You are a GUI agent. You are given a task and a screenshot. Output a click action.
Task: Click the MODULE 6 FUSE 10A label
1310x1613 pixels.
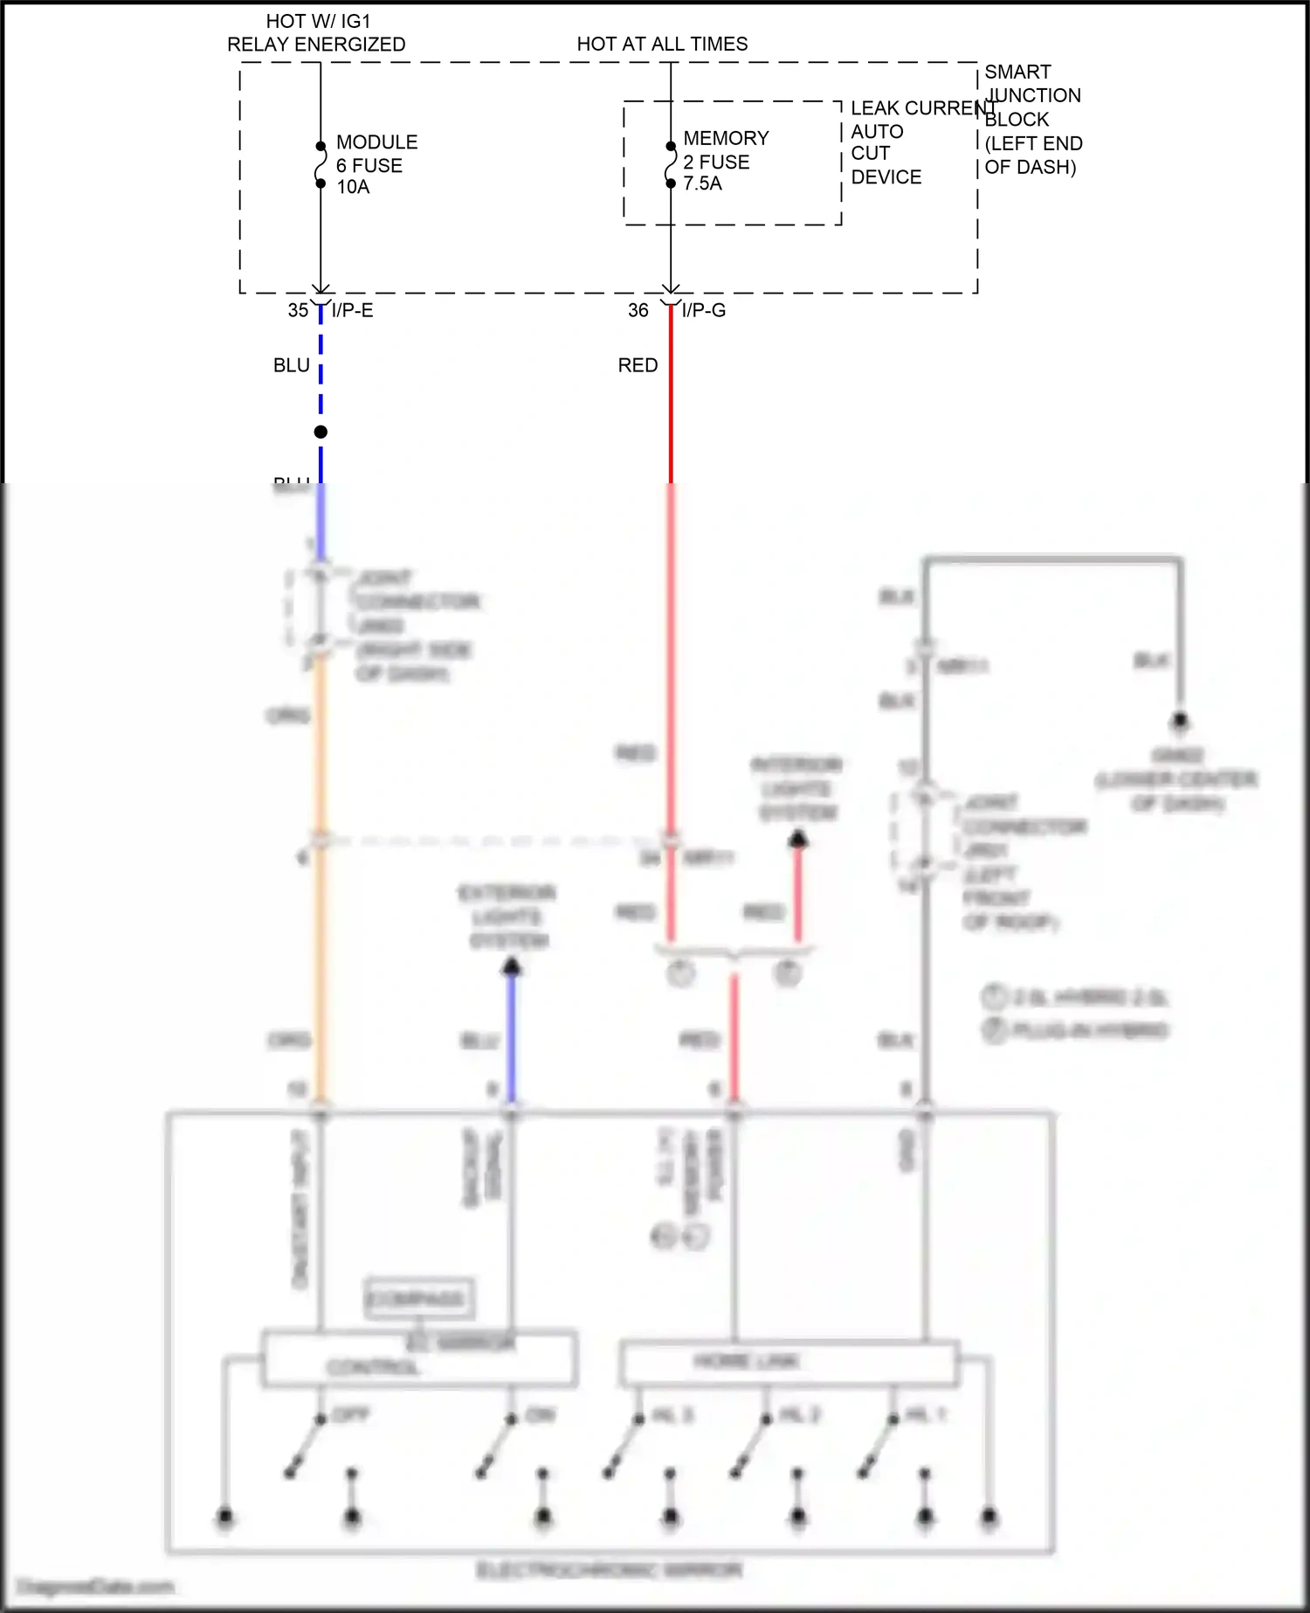(x=376, y=164)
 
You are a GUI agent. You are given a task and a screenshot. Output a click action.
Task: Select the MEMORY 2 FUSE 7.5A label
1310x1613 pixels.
(x=725, y=161)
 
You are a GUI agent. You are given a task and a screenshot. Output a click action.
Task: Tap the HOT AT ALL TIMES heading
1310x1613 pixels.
(x=662, y=44)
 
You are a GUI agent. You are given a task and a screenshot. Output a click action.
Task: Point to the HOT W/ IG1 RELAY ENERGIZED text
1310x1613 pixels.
(x=316, y=33)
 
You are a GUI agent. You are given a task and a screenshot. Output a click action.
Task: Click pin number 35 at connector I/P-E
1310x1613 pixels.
(x=298, y=310)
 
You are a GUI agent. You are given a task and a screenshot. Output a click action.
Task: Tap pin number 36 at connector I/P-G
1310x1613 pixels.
(x=638, y=310)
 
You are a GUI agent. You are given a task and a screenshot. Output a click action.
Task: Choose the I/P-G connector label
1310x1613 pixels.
(x=703, y=310)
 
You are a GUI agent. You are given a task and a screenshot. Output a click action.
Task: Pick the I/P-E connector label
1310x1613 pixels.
(x=352, y=310)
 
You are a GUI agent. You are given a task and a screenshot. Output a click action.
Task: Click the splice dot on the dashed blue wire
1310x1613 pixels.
(x=321, y=432)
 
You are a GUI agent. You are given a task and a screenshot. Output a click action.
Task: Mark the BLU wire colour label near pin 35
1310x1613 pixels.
(x=291, y=365)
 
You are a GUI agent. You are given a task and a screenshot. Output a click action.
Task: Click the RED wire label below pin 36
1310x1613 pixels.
(x=638, y=365)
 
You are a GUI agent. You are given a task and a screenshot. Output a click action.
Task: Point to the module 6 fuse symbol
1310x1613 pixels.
(x=321, y=165)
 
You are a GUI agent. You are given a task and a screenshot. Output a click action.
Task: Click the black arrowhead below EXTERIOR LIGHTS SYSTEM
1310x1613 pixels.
(x=512, y=966)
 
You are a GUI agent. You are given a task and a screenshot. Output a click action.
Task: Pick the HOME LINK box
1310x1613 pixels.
(x=788, y=1362)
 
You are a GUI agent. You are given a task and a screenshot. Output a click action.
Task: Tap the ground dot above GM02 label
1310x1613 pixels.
(x=1180, y=722)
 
